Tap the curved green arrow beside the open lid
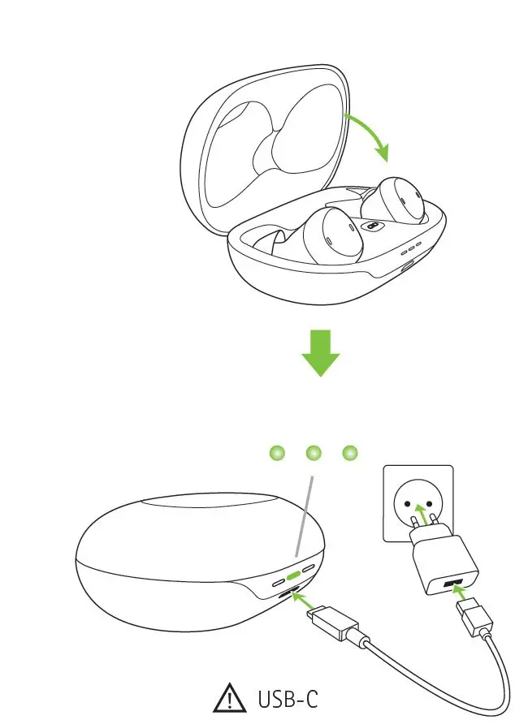369,136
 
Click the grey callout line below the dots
304,520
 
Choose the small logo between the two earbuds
373,228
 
